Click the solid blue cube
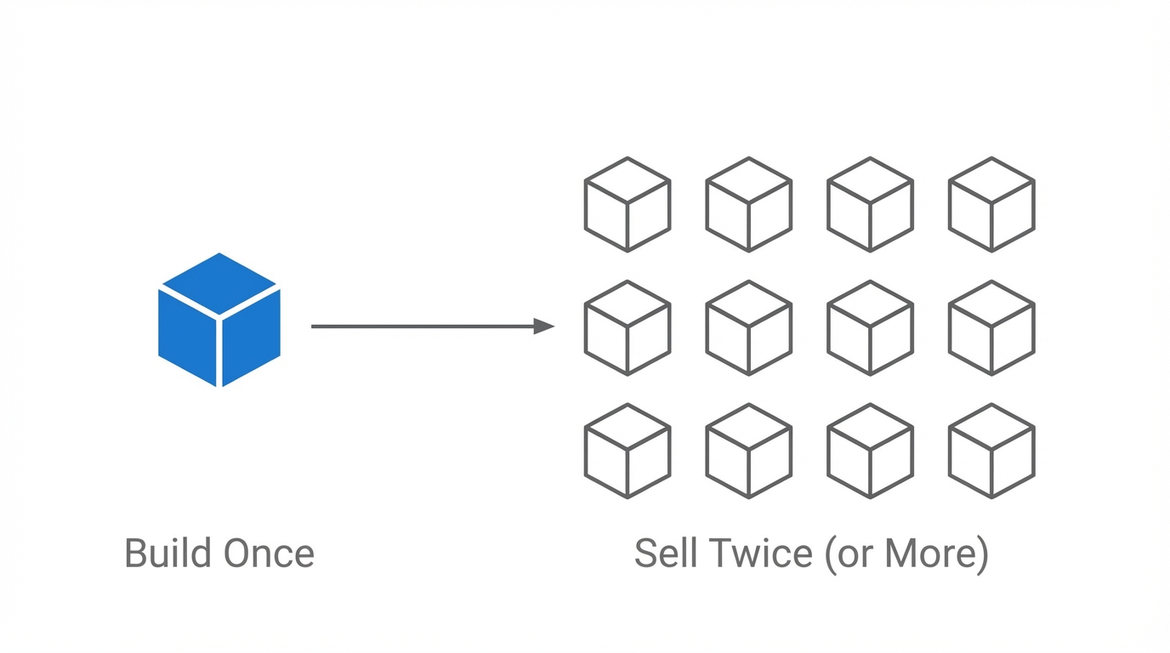pyautogui.click(x=219, y=321)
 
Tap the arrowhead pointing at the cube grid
pyautogui.click(x=544, y=326)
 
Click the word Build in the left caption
pyautogui.click(x=168, y=554)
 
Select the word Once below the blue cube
pyautogui.click(x=269, y=554)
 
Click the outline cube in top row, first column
pyautogui.click(x=628, y=204)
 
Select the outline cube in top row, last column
pyautogui.click(x=991, y=204)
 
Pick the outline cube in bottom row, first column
pyautogui.click(x=628, y=451)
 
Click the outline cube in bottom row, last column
pyautogui.click(x=991, y=451)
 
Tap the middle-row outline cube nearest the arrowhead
pyautogui.click(x=628, y=327)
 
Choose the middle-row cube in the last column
pyautogui.click(x=991, y=327)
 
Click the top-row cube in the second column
pyautogui.click(x=749, y=204)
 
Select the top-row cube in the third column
pyautogui.click(x=870, y=204)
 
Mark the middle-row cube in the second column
pyautogui.click(x=749, y=327)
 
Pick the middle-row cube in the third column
pyautogui.click(x=870, y=327)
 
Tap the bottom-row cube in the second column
pyautogui.click(x=749, y=451)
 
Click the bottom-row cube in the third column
pyautogui.click(x=870, y=451)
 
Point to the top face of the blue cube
pyautogui.click(x=219, y=283)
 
